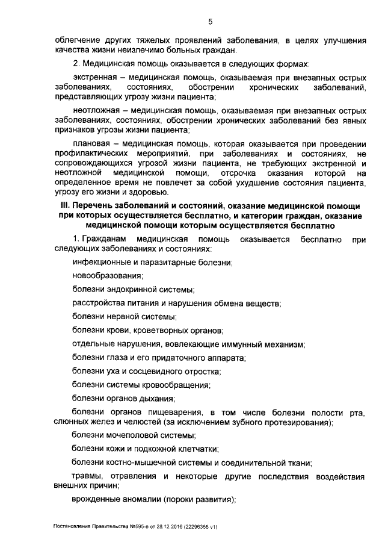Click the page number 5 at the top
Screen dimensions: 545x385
click(211, 23)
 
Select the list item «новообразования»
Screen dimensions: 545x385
click(107, 276)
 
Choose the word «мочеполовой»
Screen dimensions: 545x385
click(131, 434)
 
